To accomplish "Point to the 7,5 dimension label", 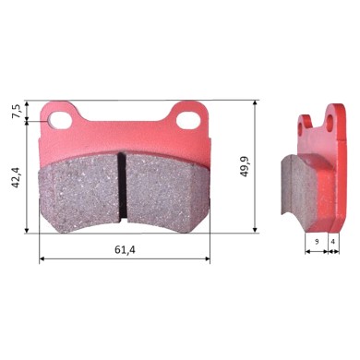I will [x=15, y=112].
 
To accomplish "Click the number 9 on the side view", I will [x=316, y=240].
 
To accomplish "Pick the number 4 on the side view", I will [x=333, y=240].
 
